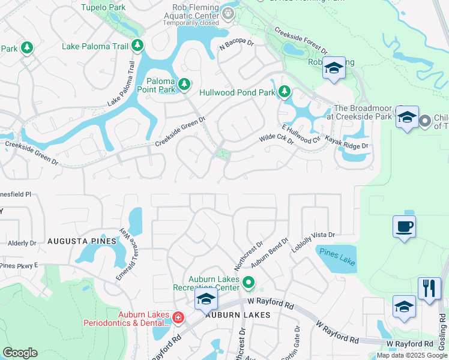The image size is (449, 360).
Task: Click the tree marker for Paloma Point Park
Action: [184, 83]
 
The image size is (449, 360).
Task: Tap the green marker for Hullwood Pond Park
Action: [285, 92]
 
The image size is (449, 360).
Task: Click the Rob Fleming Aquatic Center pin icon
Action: [228, 12]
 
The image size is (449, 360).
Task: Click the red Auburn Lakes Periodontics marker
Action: [178, 317]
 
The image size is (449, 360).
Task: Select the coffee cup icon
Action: [404, 227]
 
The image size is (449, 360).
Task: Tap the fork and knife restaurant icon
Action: [429, 288]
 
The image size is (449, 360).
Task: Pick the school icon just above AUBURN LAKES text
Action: [205, 299]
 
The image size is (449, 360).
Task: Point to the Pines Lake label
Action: [337, 257]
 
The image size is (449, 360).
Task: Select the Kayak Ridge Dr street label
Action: [346, 142]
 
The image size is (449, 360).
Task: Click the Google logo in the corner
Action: [20, 353]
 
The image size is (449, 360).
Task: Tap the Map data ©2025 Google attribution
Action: [411, 355]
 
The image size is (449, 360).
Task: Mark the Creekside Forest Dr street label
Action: [300, 41]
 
